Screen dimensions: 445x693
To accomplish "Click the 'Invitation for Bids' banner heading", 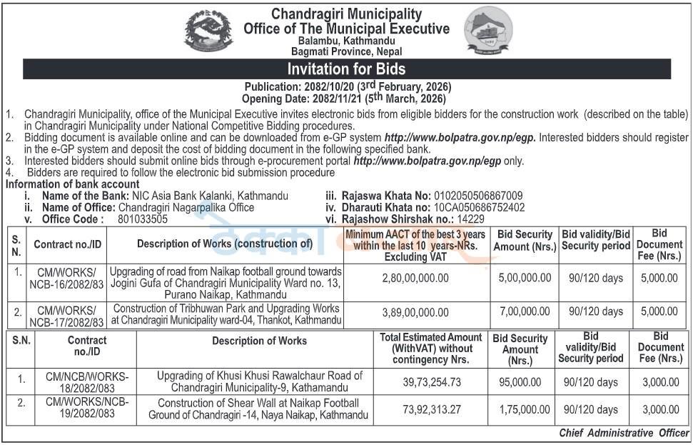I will click(x=346, y=69).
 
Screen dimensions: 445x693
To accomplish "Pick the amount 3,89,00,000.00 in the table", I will click(x=416, y=312).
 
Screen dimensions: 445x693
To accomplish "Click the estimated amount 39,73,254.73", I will click(x=432, y=383).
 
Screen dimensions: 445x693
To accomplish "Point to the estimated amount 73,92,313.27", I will click(x=432, y=409).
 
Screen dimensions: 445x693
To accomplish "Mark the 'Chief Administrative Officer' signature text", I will click(x=624, y=433).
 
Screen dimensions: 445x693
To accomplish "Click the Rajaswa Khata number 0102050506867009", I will click(x=476, y=196).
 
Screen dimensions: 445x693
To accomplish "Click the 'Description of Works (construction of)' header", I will click(x=225, y=244).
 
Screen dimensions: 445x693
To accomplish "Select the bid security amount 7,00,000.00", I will click(x=525, y=312).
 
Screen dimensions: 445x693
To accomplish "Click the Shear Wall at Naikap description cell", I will click(x=258, y=409).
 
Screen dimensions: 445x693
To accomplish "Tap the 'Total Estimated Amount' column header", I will click(x=431, y=348).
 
